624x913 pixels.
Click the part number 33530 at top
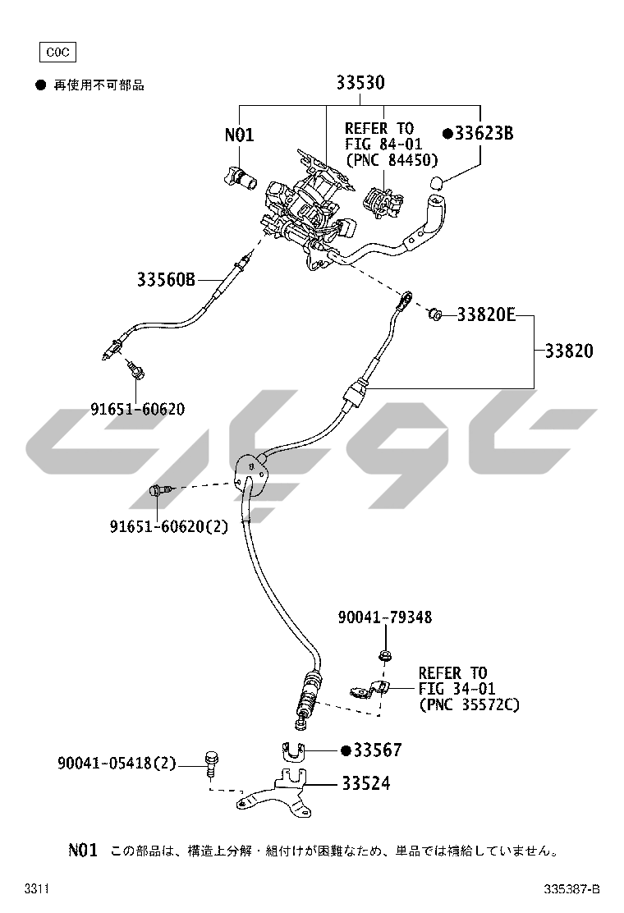click(360, 83)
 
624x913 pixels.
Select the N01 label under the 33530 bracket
click(240, 135)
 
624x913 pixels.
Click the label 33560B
click(166, 279)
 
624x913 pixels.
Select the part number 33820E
click(485, 314)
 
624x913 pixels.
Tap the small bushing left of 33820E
click(435, 313)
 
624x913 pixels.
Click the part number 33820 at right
click(568, 351)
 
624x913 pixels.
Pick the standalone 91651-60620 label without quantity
click(138, 408)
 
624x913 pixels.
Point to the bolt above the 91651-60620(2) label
click(159, 491)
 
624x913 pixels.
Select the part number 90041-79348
click(384, 617)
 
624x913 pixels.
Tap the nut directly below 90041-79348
click(384, 654)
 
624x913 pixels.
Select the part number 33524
click(365, 783)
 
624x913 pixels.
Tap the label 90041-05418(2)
click(117, 764)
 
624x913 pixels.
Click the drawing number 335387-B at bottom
click(572, 889)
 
